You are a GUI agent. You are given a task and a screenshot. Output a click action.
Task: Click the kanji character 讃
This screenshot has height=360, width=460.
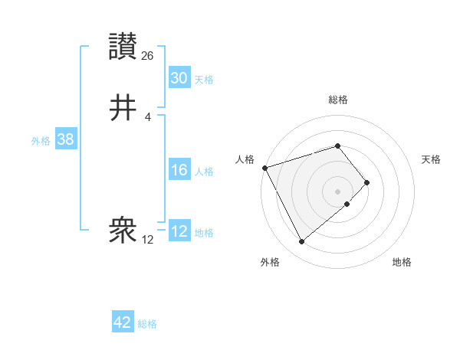pos(124,47)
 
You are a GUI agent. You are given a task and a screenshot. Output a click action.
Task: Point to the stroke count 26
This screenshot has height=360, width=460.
pos(148,55)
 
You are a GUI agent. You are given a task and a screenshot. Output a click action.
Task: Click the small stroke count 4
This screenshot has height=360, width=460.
pos(147,116)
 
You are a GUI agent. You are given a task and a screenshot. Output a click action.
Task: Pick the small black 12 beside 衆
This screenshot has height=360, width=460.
pos(148,239)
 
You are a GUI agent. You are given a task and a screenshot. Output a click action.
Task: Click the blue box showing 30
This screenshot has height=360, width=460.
pos(179,78)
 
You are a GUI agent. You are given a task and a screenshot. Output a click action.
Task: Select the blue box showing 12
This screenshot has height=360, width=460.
pos(179,231)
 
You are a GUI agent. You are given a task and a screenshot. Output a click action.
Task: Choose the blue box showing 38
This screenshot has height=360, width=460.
pos(65,139)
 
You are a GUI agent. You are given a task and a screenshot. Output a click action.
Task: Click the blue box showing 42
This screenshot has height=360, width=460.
pos(123,322)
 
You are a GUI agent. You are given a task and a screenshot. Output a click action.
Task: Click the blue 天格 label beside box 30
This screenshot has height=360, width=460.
pos(204,80)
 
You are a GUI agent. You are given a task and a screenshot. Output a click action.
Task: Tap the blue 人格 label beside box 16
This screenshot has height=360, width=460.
pos(204,172)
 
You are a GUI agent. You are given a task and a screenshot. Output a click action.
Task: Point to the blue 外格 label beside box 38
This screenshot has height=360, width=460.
pos(41,141)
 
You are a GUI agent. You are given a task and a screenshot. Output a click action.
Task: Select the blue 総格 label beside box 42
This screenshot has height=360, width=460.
pos(147,324)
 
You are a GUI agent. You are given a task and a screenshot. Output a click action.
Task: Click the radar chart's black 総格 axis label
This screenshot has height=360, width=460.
pos(338,100)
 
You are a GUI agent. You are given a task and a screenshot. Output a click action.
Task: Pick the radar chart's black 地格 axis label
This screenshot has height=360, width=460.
pos(402,262)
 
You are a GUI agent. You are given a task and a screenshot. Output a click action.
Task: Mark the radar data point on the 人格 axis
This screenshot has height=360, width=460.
pos(264,167)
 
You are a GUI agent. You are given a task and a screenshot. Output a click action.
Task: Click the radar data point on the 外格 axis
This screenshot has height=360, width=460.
pos(301,242)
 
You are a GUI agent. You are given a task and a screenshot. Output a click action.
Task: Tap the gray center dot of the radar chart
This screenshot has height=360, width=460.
pos(338,191)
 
